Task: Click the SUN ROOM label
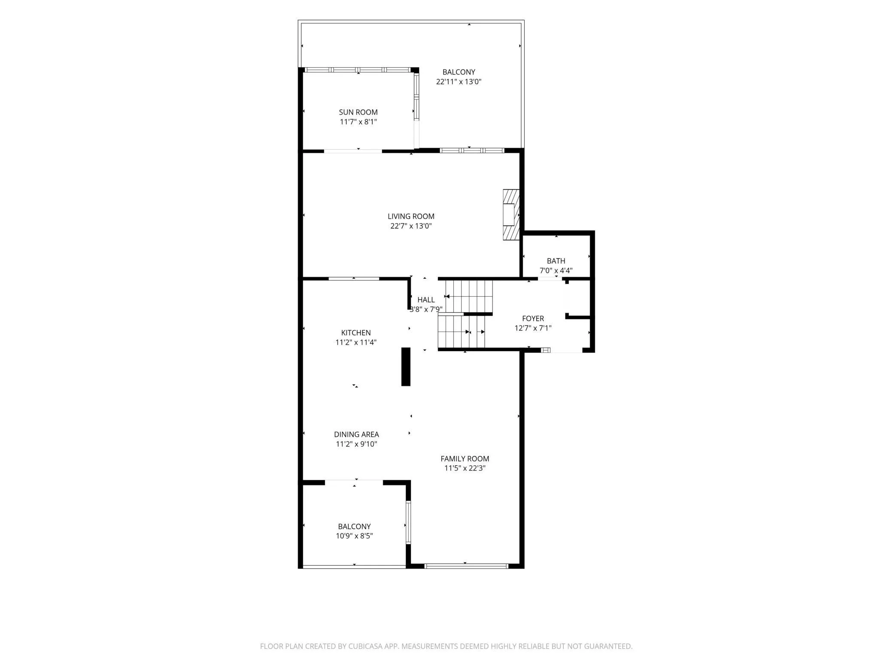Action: coord(358,112)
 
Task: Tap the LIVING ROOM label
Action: coord(411,217)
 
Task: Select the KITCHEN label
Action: coord(356,333)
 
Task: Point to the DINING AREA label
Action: coord(356,434)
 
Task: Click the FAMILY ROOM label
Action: coord(465,458)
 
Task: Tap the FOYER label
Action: coord(533,319)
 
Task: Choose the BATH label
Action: coord(556,261)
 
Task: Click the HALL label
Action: coord(426,300)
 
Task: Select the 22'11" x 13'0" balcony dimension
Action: coord(459,81)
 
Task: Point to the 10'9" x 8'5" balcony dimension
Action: coord(354,536)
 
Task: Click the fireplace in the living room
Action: coord(511,215)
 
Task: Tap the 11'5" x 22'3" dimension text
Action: coord(465,468)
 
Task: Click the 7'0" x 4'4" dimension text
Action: coord(556,271)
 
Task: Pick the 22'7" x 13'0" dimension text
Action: coord(411,226)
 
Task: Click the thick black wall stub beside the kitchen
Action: coord(406,367)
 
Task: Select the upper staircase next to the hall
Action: coord(469,296)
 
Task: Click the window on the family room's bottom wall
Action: coord(466,566)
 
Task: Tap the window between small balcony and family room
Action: coord(408,522)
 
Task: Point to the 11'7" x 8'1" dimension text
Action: coord(358,122)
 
